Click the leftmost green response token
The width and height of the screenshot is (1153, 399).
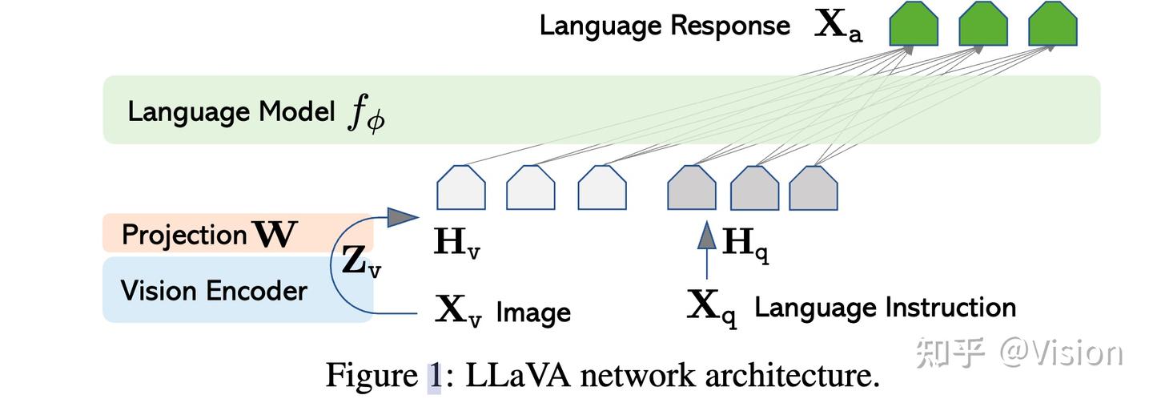pyautogui.click(x=914, y=24)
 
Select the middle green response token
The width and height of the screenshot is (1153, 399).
pyautogui.click(x=983, y=24)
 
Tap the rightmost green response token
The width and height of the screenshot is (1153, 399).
pyautogui.click(x=1053, y=24)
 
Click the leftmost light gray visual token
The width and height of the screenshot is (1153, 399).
pyautogui.click(x=460, y=187)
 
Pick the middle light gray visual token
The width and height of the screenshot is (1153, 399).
pyautogui.click(x=531, y=187)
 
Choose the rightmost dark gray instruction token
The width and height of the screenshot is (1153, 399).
pyautogui.click(x=814, y=187)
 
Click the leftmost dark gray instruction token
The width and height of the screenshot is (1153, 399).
pyautogui.click(x=691, y=187)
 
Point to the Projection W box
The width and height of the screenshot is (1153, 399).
pyautogui.click(x=238, y=232)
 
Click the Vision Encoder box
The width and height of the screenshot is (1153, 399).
pyautogui.click(x=238, y=290)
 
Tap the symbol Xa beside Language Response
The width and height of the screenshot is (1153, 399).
pyautogui.click(x=838, y=26)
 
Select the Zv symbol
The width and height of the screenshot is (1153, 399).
pyautogui.click(x=361, y=262)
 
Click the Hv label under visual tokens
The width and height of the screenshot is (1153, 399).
pyautogui.click(x=457, y=243)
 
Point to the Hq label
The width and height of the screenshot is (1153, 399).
pyautogui.click(x=745, y=244)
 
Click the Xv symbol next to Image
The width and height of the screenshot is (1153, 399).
pyautogui.click(x=458, y=310)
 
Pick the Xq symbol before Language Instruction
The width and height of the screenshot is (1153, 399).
pyautogui.click(x=712, y=308)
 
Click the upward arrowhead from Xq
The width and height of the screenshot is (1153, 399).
pyautogui.click(x=707, y=236)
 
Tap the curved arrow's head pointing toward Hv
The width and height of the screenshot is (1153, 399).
pyautogui.click(x=403, y=217)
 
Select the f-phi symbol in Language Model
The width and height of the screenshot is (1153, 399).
pyautogui.click(x=367, y=113)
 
